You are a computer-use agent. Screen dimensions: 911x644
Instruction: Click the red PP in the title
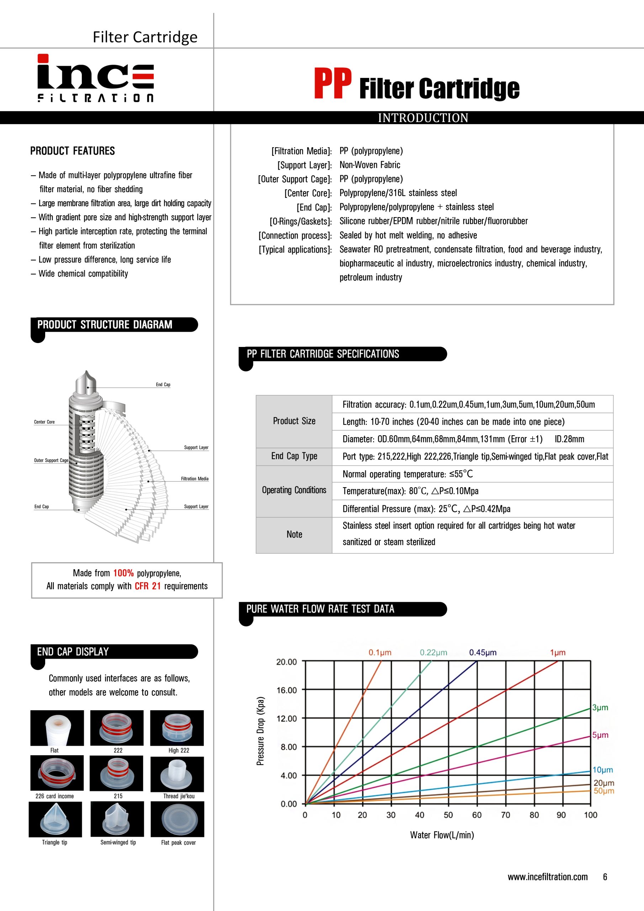click(x=333, y=83)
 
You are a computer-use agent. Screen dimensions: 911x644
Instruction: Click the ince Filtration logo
click(x=96, y=78)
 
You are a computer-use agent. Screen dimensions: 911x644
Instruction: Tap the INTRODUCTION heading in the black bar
click(x=423, y=118)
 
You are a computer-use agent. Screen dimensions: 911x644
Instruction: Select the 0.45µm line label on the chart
click(x=482, y=653)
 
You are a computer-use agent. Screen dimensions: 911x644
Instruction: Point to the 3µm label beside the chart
click(x=600, y=707)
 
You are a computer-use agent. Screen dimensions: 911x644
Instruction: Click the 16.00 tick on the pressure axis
click(x=286, y=690)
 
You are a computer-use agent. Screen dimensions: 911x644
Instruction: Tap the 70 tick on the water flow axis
click(x=506, y=815)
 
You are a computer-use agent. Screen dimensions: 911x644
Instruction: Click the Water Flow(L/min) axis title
click(x=442, y=835)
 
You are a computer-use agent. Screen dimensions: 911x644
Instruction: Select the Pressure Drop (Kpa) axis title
click(x=260, y=731)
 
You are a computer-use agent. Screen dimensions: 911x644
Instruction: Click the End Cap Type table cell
click(x=294, y=456)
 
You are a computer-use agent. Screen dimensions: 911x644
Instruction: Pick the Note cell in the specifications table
click(x=294, y=535)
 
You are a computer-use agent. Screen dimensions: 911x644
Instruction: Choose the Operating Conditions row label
click(x=294, y=490)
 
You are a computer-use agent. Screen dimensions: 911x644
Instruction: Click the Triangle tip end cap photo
click(x=55, y=819)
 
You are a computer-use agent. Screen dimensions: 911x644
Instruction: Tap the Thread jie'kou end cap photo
click(x=177, y=774)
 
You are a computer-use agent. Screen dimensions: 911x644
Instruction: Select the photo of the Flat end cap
click(x=57, y=728)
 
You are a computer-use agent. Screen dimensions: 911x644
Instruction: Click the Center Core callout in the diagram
click(x=44, y=422)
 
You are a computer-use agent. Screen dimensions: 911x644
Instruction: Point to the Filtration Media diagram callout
click(x=194, y=479)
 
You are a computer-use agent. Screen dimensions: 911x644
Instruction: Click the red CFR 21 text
click(x=148, y=586)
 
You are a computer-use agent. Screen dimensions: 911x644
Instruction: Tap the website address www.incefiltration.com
click(x=548, y=877)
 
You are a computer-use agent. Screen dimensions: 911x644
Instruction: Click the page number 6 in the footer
click(x=605, y=877)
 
